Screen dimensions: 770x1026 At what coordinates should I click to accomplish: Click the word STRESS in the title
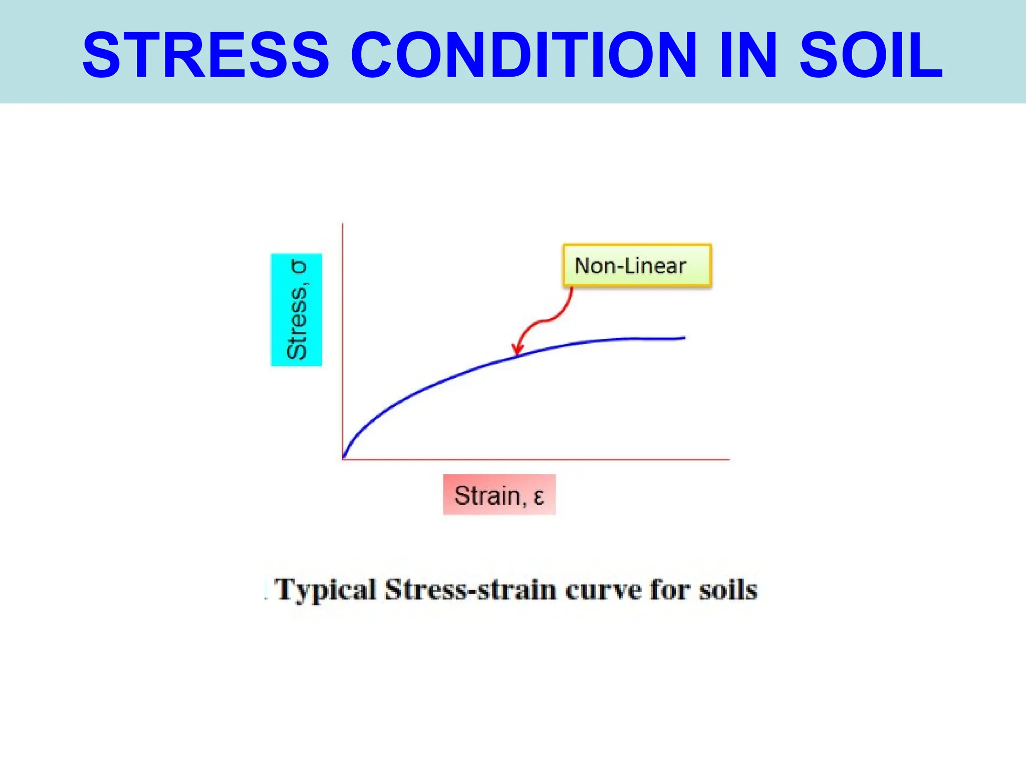point(206,55)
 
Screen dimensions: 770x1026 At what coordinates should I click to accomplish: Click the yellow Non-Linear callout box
point(637,265)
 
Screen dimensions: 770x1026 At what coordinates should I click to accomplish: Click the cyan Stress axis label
point(297,310)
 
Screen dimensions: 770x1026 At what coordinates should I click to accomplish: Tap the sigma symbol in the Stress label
point(299,267)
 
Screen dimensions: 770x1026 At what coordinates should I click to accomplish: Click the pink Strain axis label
point(499,495)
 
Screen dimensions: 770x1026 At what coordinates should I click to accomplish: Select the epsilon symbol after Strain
point(539,496)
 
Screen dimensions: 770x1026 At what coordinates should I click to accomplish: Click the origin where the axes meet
point(343,459)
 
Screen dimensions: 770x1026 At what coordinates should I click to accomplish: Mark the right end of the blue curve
point(684,338)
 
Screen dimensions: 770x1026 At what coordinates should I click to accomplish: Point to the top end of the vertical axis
point(343,224)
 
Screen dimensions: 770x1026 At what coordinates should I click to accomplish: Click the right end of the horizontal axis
point(729,459)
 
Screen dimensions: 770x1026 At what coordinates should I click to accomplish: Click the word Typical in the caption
point(326,590)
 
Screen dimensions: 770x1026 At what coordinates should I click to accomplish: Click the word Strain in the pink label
point(487,495)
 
